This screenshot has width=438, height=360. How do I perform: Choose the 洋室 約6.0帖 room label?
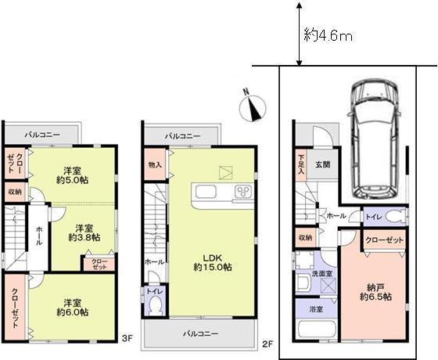tap(71, 306)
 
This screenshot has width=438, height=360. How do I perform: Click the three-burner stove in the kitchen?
tap(243, 191)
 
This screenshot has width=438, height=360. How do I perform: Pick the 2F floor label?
tap(266, 344)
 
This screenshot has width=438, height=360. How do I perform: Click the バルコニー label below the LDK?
tap(200, 333)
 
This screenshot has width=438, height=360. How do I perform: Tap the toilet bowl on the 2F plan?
tap(156, 303)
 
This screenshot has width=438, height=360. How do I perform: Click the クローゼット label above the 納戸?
tap(383, 242)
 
